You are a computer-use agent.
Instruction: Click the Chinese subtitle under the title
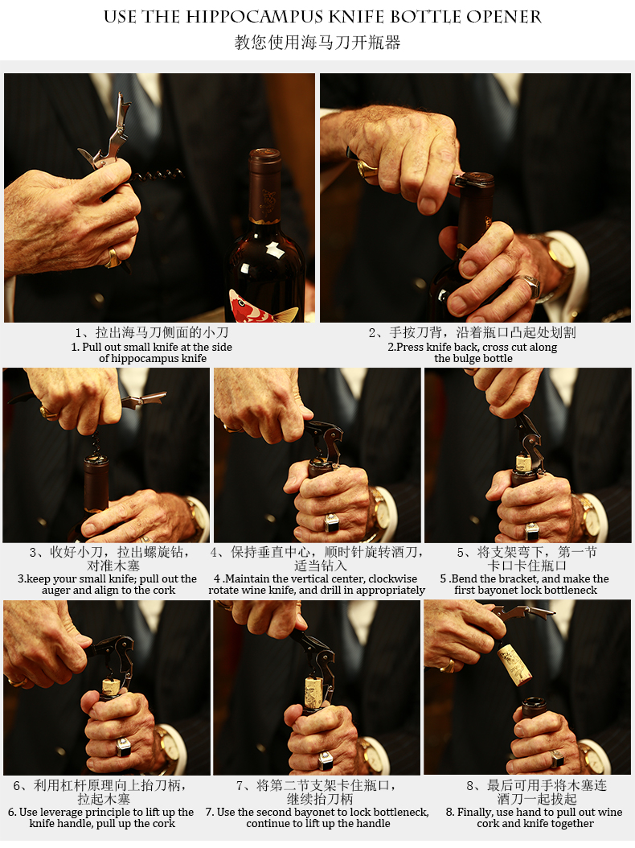[317, 43]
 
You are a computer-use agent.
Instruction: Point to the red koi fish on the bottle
[260, 307]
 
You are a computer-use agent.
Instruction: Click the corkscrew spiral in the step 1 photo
[158, 175]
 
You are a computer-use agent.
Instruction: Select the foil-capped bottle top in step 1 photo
[264, 185]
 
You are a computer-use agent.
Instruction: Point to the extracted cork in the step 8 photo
[514, 662]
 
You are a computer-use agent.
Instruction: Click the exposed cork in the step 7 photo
[313, 690]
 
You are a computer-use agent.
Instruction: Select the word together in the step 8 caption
[572, 824]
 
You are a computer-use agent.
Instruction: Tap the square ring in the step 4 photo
[332, 523]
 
